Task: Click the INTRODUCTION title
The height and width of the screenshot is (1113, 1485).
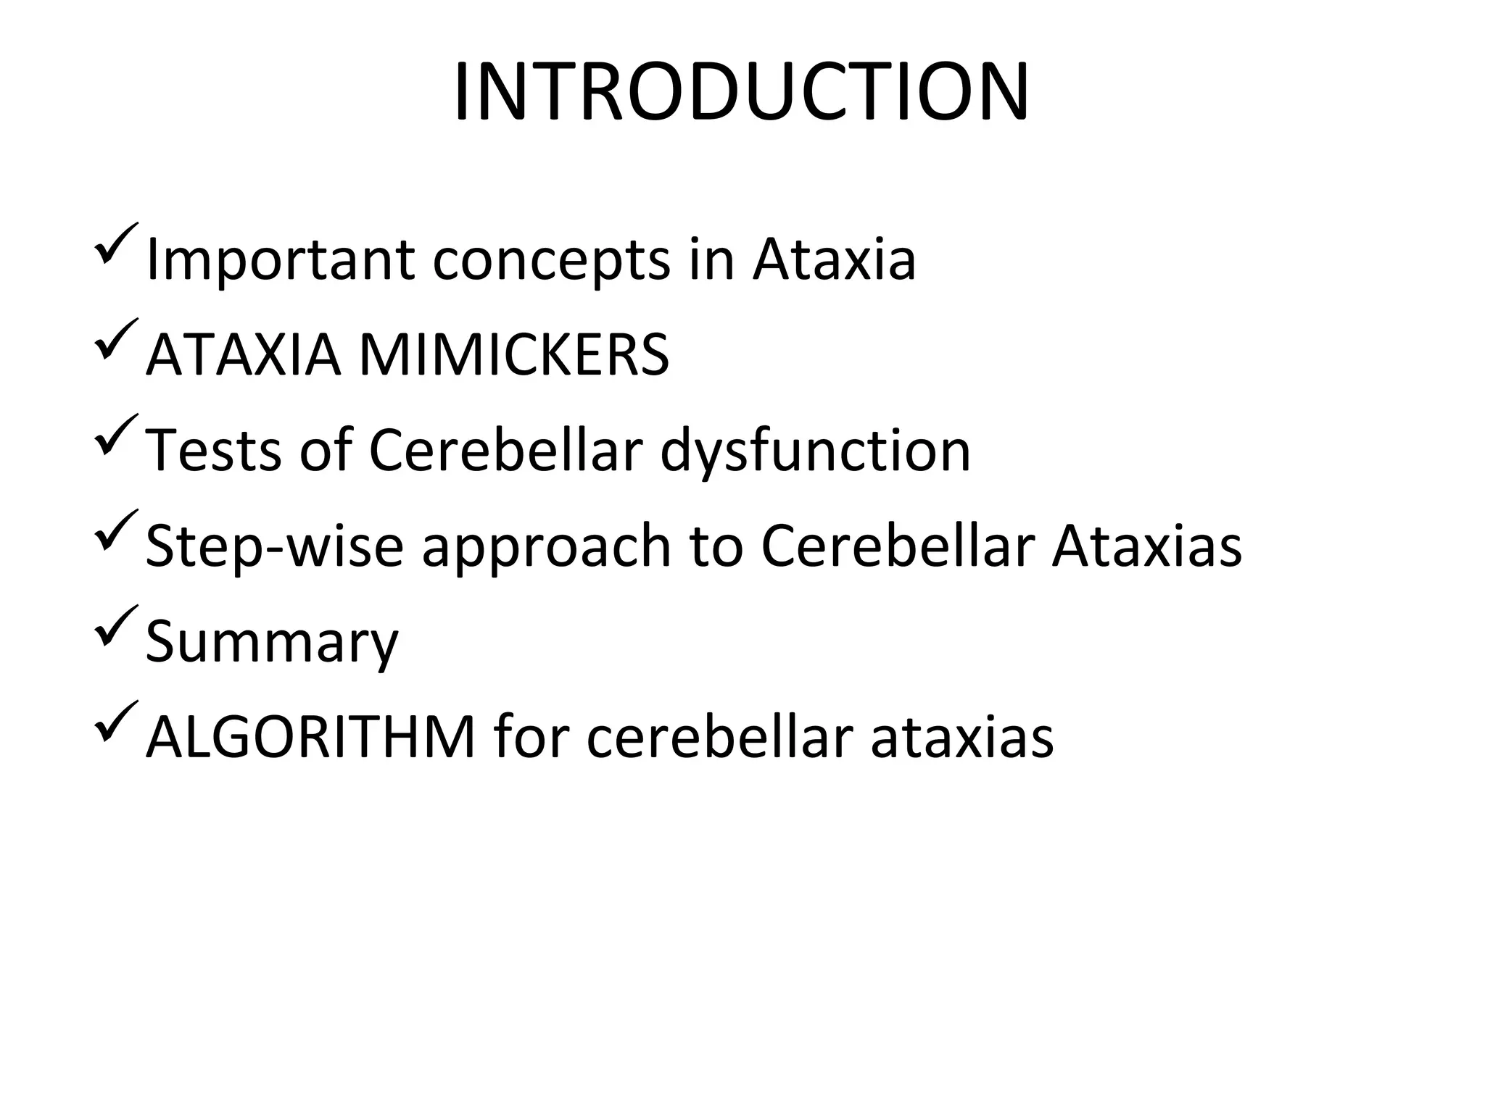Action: pos(741,93)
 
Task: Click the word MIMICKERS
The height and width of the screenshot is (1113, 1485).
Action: pos(514,355)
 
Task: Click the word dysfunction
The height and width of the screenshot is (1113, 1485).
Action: pos(815,450)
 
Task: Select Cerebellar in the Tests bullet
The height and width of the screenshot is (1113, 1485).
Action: pos(505,450)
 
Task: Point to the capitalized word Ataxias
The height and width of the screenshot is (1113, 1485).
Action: pos(1146,546)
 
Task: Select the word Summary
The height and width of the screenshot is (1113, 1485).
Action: pos(272,642)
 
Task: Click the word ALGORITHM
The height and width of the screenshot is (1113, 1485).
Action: pos(310,737)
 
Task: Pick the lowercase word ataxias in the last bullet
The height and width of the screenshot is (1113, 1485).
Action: pos(961,737)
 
